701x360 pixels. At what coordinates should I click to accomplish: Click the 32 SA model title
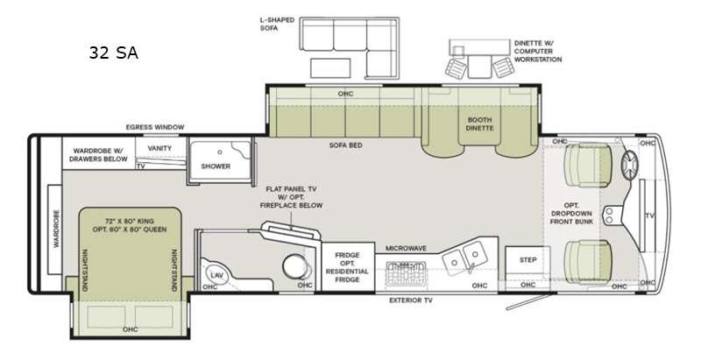coord(114,53)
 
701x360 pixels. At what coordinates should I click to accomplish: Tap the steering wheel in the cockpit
coord(630,163)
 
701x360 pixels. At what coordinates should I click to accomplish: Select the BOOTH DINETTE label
coord(479,124)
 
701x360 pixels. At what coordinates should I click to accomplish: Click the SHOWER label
coord(216,166)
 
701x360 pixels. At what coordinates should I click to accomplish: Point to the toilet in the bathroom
coord(296,265)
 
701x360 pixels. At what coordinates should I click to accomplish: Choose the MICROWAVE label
coord(406,249)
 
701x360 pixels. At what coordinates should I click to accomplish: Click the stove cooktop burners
coord(406,273)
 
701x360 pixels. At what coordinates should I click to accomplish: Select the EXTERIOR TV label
coord(410,300)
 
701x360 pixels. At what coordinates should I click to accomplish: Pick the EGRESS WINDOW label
coord(155,127)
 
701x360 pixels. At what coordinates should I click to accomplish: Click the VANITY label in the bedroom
coord(159,148)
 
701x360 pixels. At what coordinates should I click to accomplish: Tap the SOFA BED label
coord(345,145)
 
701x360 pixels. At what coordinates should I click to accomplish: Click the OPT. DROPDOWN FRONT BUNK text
coord(571,214)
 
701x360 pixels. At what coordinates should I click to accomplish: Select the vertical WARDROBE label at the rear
coord(56,229)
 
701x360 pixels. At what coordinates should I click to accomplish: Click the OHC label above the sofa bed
coord(345,94)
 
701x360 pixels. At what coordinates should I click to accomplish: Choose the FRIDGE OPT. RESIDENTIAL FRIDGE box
coord(348,267)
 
